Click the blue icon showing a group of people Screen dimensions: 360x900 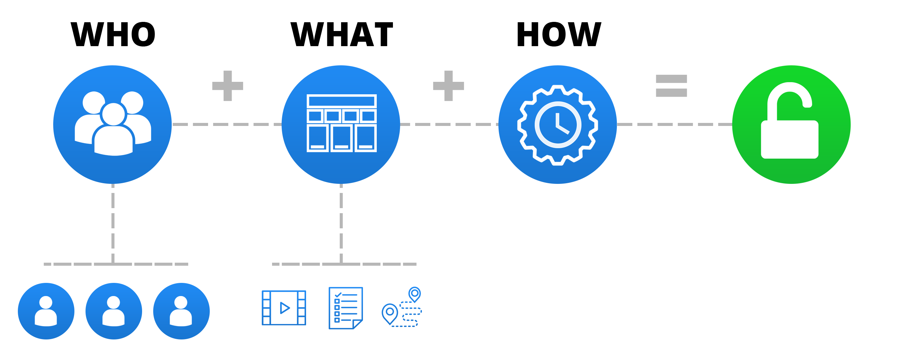point(110,124)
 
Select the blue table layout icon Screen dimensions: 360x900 point(342,124)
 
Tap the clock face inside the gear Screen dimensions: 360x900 point(558,125)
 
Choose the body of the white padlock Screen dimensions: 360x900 point(790,139)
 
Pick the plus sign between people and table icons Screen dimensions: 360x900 point(228,86)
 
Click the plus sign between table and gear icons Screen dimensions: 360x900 point(449,86)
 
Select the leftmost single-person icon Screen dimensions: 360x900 point(46,311)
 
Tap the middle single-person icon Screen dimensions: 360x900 point(113,311)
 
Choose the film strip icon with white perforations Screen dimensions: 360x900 point(284,307)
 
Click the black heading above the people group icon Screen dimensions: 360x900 point(113,34)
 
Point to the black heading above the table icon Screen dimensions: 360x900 point(341,34)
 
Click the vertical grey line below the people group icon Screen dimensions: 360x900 point(113,224)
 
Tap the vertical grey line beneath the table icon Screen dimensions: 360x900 point(341,224)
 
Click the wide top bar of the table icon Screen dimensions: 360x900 point(341,101)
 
